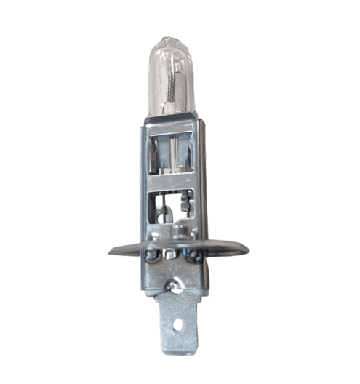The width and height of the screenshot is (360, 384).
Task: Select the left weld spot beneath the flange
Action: point(152,255)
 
